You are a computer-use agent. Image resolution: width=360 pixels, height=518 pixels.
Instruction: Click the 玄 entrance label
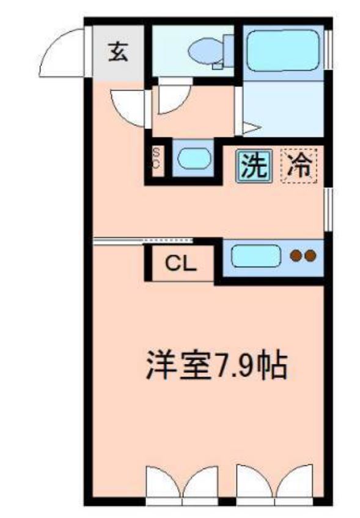pyautogui.click(x=119, y=53)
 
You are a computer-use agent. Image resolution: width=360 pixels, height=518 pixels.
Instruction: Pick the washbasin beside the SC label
pyautogui.click(x=193, y=158)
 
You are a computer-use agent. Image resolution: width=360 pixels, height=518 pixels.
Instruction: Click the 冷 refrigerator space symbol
pyautogui.click(x=299, y=165)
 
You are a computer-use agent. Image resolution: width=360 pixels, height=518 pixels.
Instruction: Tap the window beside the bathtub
pyautogui.click(x=329, y=49)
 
